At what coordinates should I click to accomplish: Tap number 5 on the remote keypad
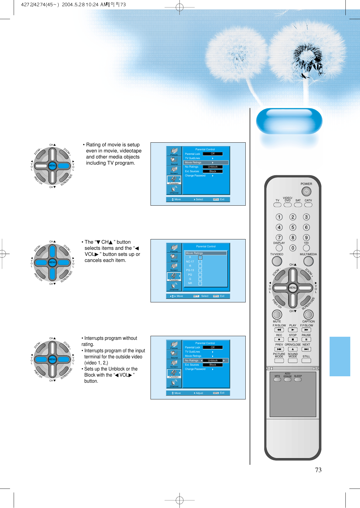tap(292, 227)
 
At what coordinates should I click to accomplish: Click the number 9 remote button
tap(306, 238)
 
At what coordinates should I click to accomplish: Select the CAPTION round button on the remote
tap(308, 315)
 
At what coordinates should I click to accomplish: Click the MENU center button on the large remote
tap(292, 287)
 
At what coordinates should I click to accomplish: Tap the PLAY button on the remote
tap(292, 330)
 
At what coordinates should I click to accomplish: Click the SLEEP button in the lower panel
tap(298, 379)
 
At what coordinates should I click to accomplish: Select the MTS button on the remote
tap(277, 379)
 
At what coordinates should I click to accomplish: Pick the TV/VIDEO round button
tap(277, 261)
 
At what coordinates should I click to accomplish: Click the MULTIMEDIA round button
tap(308, 261)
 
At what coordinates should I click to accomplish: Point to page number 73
tap(318, 470)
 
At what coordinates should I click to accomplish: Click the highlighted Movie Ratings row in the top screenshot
tap(206, 162)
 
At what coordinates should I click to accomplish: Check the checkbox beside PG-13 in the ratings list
tap(200, 270)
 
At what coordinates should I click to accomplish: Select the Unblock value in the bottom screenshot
tap(213, 360)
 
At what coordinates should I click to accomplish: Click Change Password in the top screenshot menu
tap(195, 176)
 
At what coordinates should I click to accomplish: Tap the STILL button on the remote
tap(306, 360)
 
